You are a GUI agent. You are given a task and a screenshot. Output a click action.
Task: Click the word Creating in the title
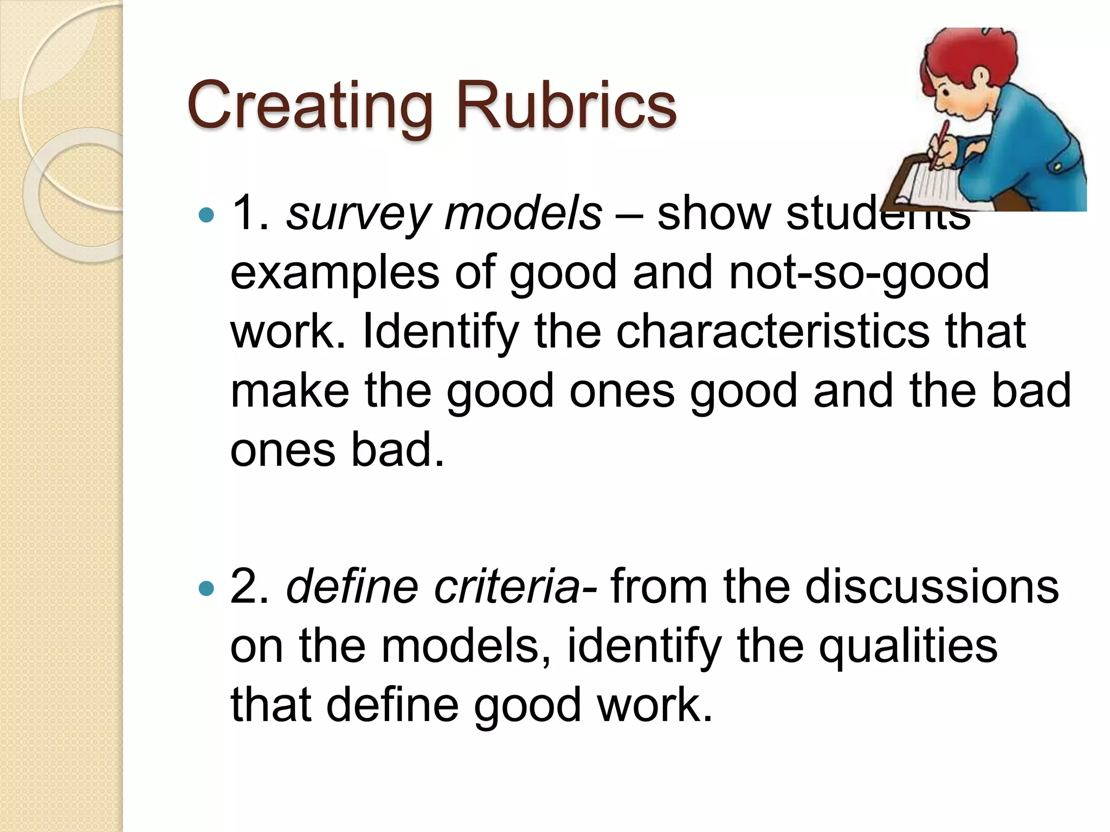coord(309,106)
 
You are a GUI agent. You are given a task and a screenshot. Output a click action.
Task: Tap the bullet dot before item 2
coord(206,588)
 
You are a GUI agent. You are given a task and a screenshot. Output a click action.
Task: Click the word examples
coord(334,273)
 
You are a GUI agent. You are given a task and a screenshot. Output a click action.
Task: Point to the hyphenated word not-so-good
coord(859,274)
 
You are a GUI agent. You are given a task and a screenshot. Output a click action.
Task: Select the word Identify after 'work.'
coord(440,333)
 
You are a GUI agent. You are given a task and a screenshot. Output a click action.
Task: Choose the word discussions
coord(932,587)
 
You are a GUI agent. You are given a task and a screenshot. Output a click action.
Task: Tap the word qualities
coord(908,647)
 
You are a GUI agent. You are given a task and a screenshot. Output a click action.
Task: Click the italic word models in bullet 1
coord(522,214)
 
